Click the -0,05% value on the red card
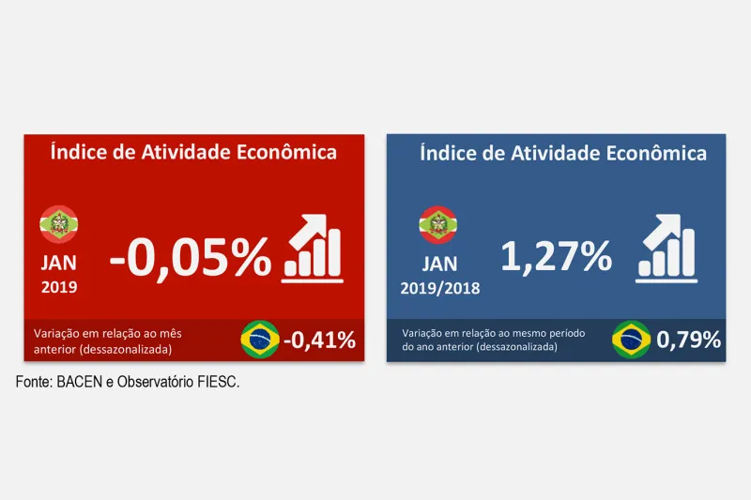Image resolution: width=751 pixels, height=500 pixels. click(x=190, y=256)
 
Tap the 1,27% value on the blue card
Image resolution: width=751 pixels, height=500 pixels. click(x=556, y=256)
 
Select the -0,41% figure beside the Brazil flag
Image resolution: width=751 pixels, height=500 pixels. click(x=319, y=339)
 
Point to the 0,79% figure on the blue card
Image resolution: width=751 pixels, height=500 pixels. click(x=689, y=340)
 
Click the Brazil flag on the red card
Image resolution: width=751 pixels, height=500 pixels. click(x=260, y=339)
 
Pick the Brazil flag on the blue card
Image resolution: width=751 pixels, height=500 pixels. click(x=631, y=340)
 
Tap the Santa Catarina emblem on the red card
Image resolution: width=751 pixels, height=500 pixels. click(x=58, y=223)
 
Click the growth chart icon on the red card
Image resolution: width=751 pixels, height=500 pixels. click(x=314, y=247)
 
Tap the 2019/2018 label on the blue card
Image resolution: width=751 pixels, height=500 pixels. click(x=438, y=288)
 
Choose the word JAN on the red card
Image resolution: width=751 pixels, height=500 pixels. click(x=59, y=262)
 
